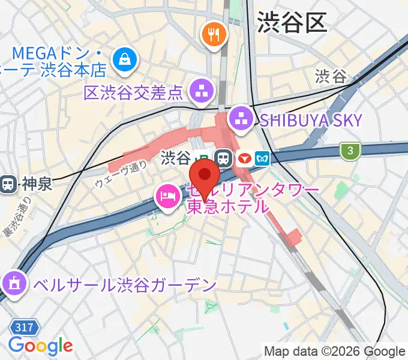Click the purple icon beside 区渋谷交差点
[199, 91]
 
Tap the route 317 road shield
[25, 328]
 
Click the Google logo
[40, 346]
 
